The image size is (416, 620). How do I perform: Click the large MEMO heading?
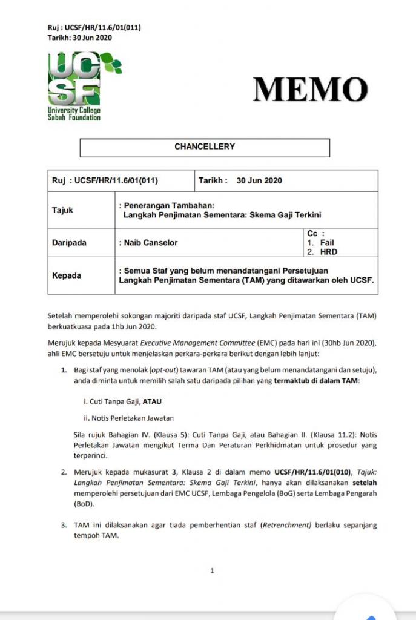[x=311, y=90]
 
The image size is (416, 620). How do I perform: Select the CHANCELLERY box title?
[x=205, y=147]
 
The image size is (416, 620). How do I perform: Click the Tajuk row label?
[x=62, y=210]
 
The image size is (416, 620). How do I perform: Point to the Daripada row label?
[x=69, y=243]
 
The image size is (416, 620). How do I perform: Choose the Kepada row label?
[x=66, y=275]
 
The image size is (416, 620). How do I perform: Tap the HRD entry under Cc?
[x=329, y=252]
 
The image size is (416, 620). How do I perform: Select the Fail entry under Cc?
[x=327, y=243]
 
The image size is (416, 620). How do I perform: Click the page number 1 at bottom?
[x=212, y=570]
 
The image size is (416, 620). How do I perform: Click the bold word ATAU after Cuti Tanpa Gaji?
[x=152, y=401]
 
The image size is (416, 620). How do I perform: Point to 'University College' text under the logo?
[x=74, y=110]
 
